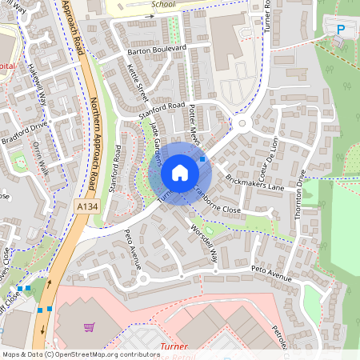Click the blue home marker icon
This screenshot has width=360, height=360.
click(180, 173)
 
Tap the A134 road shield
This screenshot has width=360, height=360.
click(89, 207)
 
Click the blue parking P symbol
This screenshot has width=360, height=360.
click(341, 30)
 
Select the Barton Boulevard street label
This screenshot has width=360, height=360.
click(157, 50)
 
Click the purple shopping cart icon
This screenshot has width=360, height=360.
click(89, 326)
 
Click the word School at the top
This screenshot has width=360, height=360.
click(162, 3)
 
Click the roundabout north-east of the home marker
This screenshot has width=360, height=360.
click(243, 123)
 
